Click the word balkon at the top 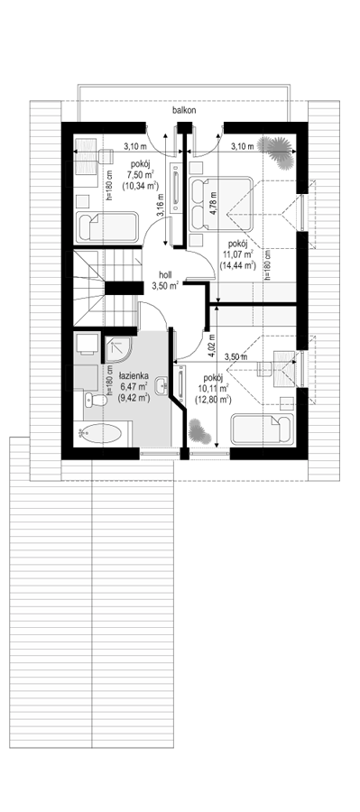coord(185,110)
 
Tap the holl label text coord(165,276)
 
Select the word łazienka coord(134,375)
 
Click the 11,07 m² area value coord(238,254)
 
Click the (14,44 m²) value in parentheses coord(238,265)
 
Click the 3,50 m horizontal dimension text coord(235,356)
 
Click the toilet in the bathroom coord(96,400)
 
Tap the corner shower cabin coord(120,349)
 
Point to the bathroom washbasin coord(162,384)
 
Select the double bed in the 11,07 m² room coord(221,204)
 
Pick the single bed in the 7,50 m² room coord(109,226)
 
